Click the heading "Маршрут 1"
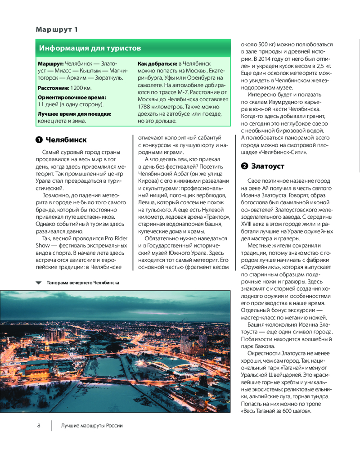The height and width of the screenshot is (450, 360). (57, 30)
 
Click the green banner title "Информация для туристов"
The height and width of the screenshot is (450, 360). (90, 48)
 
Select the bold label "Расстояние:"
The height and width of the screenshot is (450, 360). (53, 87)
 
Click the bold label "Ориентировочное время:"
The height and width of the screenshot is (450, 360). (72, 97)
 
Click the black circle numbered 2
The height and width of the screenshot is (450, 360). (244, 166)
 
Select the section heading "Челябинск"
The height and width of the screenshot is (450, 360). (66, 139)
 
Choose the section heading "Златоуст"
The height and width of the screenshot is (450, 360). (268, 166)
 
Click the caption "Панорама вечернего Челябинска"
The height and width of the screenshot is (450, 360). (82, 283)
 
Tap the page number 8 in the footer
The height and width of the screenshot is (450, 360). (39, 425)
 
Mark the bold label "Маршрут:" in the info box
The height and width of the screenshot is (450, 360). (51, 63)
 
